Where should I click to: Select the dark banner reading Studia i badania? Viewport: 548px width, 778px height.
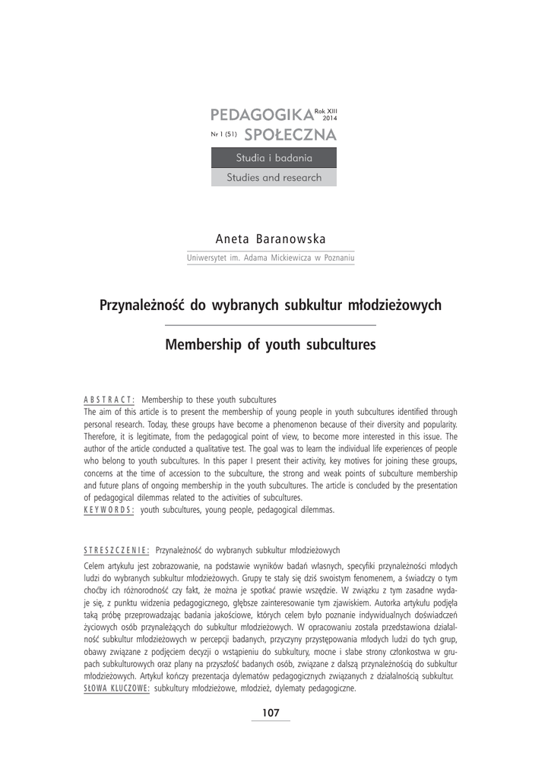coord(274,158)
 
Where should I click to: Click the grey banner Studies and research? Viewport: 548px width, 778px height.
coord(274,178)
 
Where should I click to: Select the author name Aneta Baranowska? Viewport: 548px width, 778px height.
coord(271,239)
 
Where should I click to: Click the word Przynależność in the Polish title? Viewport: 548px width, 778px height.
coord(142,305)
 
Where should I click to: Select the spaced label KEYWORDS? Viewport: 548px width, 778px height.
coord(109,510)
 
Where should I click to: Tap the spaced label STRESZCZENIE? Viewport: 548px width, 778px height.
coord(116,549)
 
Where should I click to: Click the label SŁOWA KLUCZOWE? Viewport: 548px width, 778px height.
coord(116,688)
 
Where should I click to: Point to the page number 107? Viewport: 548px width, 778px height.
coord(271,713)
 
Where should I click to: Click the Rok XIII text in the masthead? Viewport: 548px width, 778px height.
coord(325,112)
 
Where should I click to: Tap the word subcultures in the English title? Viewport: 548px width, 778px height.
coord(334,345)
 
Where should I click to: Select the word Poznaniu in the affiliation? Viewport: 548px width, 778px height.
coord(339,258)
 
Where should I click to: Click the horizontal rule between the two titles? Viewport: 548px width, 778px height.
coord(271,325)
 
